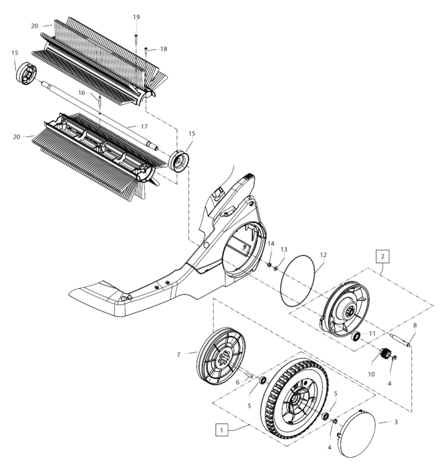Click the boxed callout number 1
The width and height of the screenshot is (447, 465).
(221, 430)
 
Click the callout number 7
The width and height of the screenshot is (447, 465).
(179, 354)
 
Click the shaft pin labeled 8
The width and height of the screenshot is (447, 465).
(402, 339)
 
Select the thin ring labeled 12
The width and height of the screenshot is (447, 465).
(297, 280)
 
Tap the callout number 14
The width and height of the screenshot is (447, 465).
(271, 244)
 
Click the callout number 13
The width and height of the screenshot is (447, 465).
(284, 250)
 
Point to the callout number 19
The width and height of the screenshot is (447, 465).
(136, 17)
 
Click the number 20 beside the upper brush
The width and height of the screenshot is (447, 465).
(34, 26)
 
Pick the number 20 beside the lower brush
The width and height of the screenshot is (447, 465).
(16, 137)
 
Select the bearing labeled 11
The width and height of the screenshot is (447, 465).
(356, 337)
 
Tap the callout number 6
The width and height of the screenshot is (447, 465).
(237, 382)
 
